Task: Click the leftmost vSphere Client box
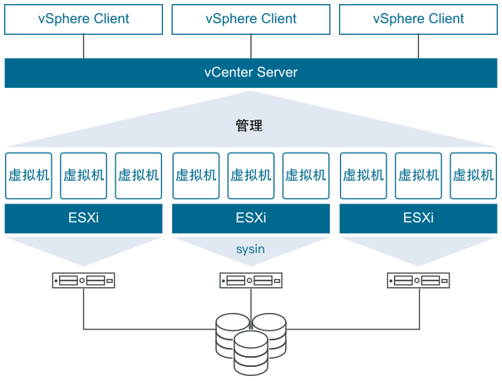[83, 19]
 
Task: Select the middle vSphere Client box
[250, 19]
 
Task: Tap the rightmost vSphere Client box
[418, 19]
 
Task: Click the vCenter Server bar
[250, 72]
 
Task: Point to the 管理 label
[249, 126]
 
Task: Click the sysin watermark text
[250, 248]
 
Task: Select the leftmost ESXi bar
[83, 219]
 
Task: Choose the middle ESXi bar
[250, 219]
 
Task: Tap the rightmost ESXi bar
[418, 219]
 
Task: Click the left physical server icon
[83, 281]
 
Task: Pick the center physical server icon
[250, 281]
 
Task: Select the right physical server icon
[418, 281]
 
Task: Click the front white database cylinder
[250, 352]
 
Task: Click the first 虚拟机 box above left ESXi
[28, 175]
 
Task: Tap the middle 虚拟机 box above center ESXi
[250, 175]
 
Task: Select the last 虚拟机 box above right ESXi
[473, 175]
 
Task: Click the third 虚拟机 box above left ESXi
[139, 175]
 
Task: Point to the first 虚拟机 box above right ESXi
[362, 175]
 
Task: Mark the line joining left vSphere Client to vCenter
[83, 46]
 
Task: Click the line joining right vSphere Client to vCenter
[418, 46]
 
